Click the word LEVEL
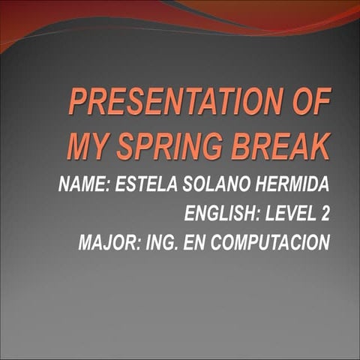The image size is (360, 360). [x=291, y=214]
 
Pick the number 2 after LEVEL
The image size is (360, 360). [x=325, y=214]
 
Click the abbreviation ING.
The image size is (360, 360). [x=160, y=244]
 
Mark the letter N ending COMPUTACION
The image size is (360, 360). [x=324, y=244]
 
